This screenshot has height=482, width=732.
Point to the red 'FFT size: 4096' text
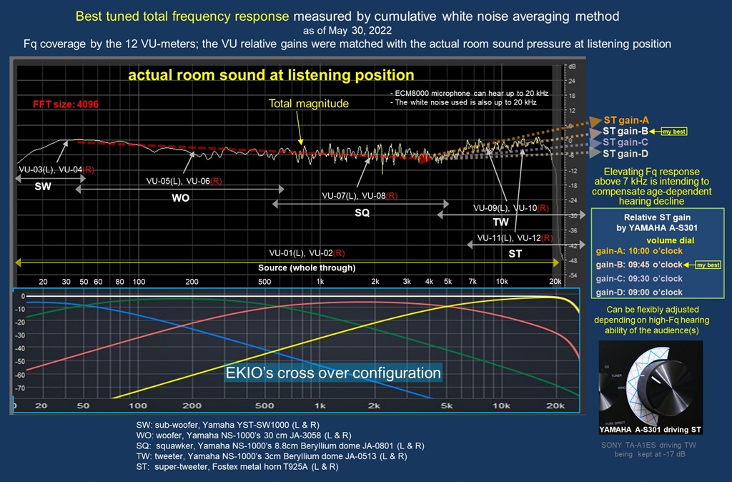tap(66, 104)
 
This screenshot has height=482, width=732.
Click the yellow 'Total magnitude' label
tap(309, 104)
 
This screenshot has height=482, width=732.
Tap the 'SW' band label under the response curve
tap(43, 185)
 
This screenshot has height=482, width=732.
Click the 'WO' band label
tap(180, 198)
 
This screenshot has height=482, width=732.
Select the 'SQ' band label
tap(362, 212)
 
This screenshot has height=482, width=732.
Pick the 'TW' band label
tap(500, 222)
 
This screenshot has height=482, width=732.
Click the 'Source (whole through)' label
tap(307, 267)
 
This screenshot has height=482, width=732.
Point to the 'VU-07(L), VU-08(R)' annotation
tap(360, 195)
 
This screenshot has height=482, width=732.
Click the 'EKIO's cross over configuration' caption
tap(333, 373)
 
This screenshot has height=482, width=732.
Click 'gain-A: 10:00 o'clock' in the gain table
tap(639, 251)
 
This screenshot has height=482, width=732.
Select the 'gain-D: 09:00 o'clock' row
tap(639, 292)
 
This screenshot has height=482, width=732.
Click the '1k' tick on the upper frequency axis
tap(320, 282)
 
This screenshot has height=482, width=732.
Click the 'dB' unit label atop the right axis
tap(572, 66)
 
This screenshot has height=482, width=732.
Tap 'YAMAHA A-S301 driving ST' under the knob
tap(651, 430)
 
